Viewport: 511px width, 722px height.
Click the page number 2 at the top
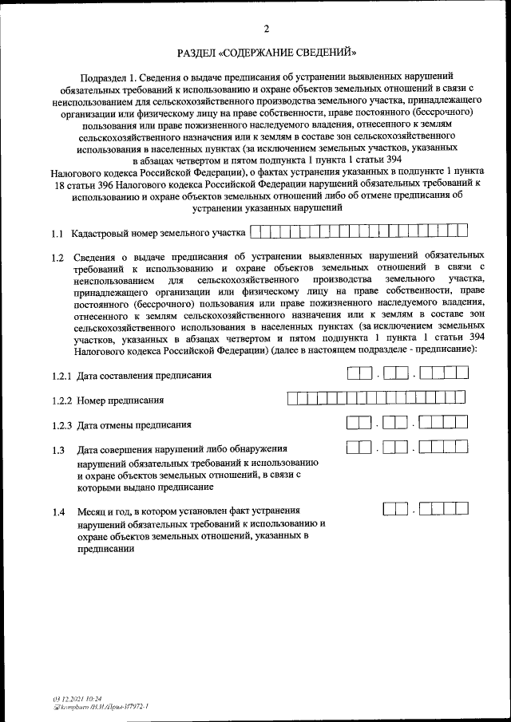(267, 30)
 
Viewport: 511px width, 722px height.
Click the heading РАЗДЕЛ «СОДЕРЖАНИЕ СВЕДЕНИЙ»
(267, 54)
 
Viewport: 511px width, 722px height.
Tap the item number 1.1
(57, 235)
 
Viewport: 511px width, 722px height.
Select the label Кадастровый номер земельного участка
(157, 235)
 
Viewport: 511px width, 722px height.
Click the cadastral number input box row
(358, 232)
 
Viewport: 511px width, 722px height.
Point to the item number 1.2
(57, 258)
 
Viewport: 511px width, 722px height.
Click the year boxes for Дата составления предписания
(444, 373)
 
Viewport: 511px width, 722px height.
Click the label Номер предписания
(121, 400)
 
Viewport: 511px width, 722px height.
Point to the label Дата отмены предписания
(134, 425)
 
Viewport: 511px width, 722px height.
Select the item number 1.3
(57, 451)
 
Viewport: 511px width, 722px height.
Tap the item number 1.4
(57, 511)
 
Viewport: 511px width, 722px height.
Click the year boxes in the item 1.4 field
(444, 507)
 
